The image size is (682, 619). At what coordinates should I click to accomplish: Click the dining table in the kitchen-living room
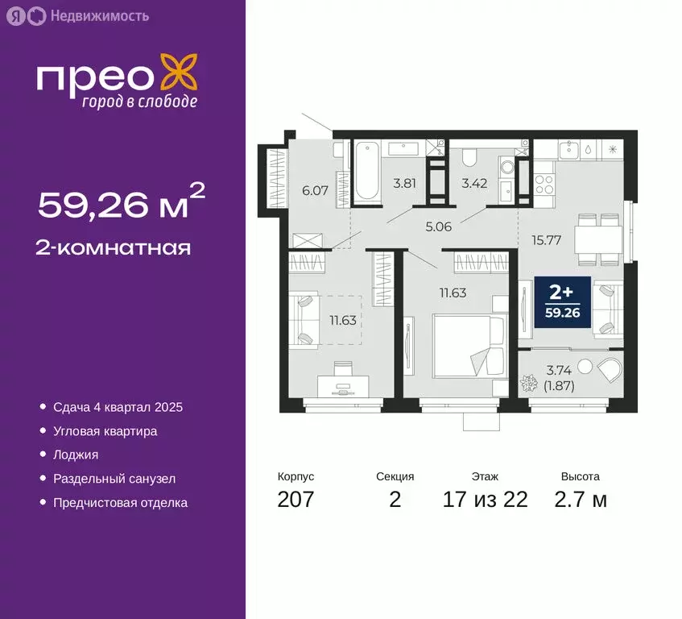point(597,238)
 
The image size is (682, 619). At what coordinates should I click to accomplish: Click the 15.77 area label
point(546,239)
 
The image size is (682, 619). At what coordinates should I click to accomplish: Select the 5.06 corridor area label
point(438,226)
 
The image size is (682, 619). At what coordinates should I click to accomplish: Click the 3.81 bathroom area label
point(403,183)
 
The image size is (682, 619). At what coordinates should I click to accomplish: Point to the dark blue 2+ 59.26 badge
point(562,301)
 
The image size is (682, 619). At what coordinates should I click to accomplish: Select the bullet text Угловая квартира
point(105,431)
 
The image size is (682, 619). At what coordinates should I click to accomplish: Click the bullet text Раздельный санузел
point(114,479)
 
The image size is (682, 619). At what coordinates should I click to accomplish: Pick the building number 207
point(296,500)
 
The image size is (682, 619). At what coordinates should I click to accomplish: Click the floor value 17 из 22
point(486,500)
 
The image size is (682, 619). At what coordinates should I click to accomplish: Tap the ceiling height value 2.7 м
point(580,500)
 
